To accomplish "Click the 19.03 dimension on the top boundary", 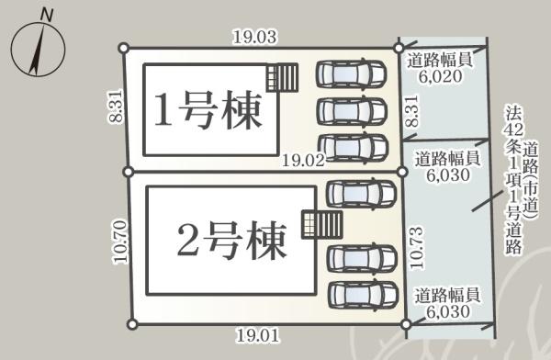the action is [254, 38].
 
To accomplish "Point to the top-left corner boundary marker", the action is [122, 48].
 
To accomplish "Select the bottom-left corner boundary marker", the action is [132, 322].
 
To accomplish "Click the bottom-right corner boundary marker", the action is [405, 323].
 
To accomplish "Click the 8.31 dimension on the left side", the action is [115, 108].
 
